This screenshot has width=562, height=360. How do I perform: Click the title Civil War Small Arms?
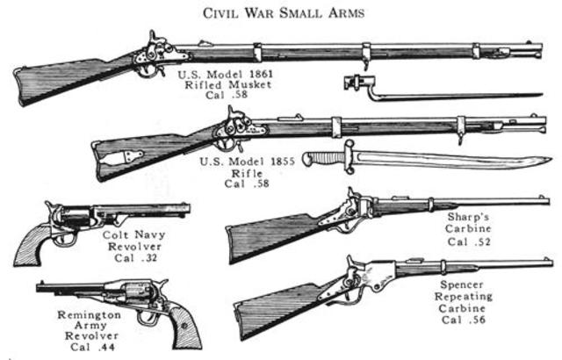(282, 12)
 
